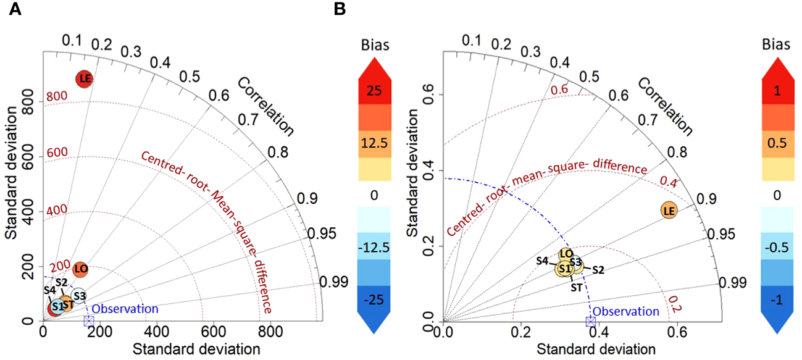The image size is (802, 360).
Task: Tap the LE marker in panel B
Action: pos(668,211)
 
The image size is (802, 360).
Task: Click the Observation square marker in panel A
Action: pos(88,320)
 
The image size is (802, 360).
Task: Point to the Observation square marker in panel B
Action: pos(590,321)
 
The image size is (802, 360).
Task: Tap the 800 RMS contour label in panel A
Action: pos(56,96)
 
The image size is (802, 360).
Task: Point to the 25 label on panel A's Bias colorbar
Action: pos(375,91)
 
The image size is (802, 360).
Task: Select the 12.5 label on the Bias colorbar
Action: pos(375,143)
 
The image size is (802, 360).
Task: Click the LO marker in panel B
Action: pos(566,254)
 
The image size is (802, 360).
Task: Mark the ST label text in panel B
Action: pos(576,287)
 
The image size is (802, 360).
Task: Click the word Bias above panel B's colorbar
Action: pos(776,46)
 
